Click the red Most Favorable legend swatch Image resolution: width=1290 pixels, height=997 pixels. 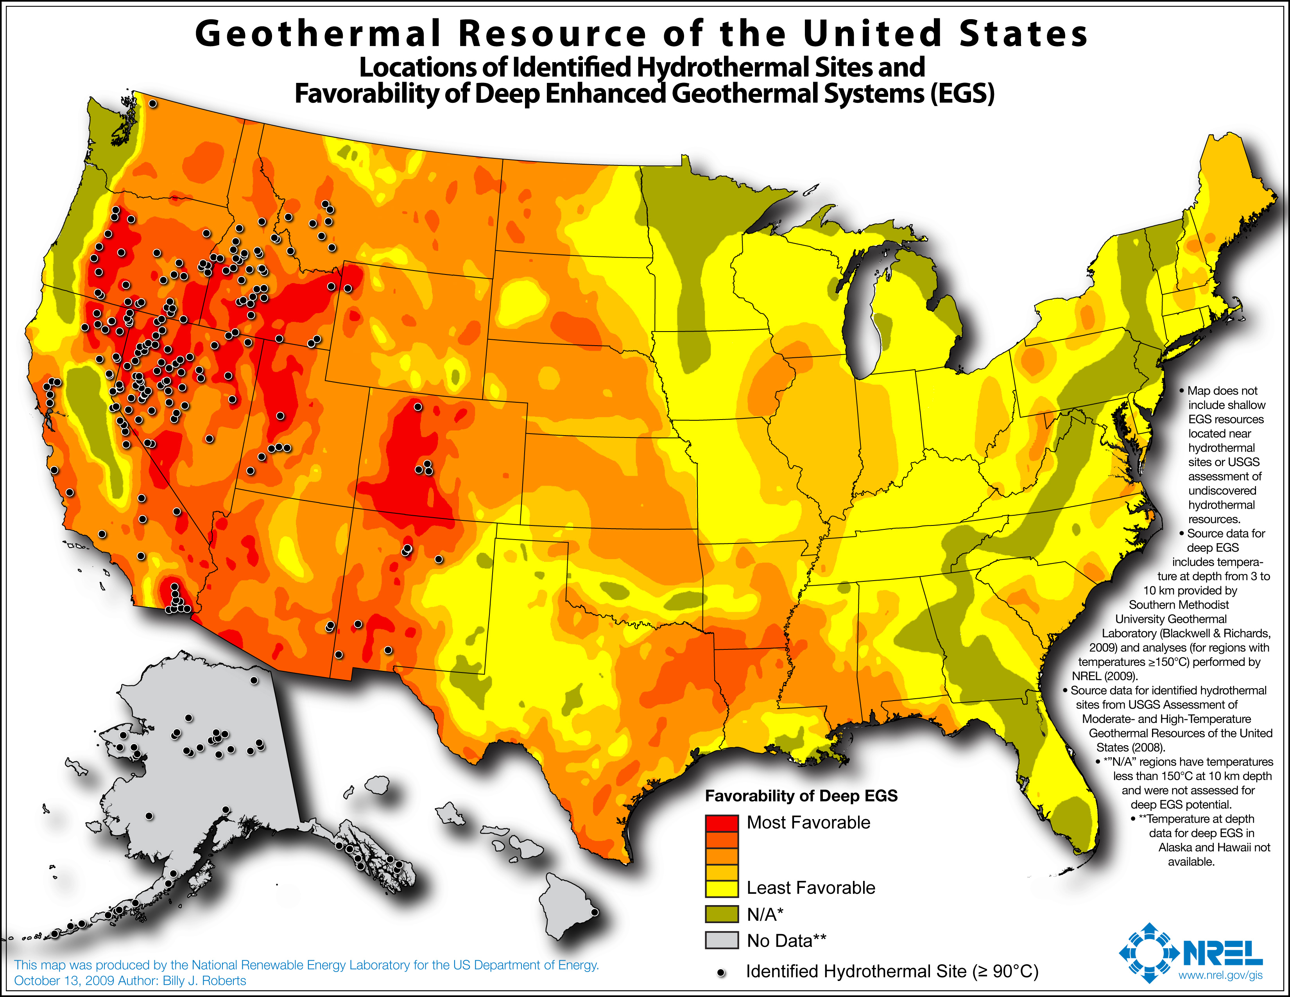[721, 823]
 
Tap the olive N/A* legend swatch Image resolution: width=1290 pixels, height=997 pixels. [721, 914]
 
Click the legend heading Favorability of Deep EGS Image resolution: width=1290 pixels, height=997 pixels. [801, 796]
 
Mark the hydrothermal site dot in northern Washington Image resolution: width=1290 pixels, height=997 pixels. [152, 103]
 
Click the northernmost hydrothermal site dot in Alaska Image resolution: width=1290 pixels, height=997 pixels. [254, 680]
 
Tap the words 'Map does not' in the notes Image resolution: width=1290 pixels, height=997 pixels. [1222, 391]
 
